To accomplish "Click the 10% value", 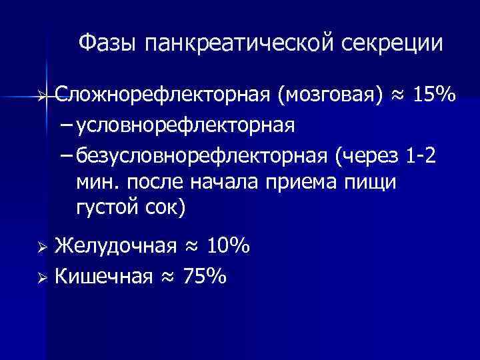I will (x=228, y=248).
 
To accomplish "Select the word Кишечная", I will (x=102, y=276).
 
